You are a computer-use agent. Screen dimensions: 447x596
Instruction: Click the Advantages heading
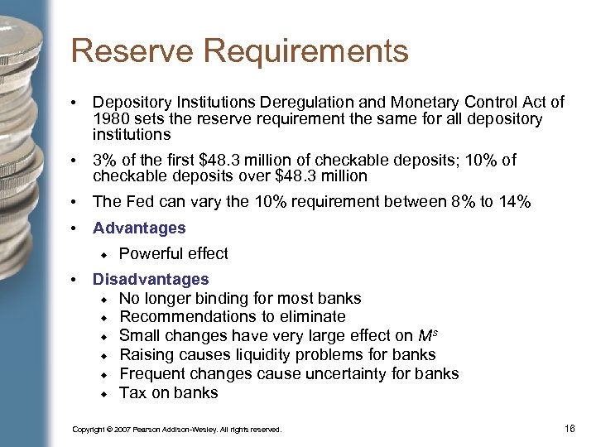(139, 228)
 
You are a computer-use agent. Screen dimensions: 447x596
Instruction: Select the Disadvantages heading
(151, 280)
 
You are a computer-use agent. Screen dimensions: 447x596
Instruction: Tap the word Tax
(132, 393)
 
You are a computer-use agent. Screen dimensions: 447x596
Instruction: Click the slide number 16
(569, 428)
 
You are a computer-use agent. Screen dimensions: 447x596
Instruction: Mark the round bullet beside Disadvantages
(74, 280)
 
